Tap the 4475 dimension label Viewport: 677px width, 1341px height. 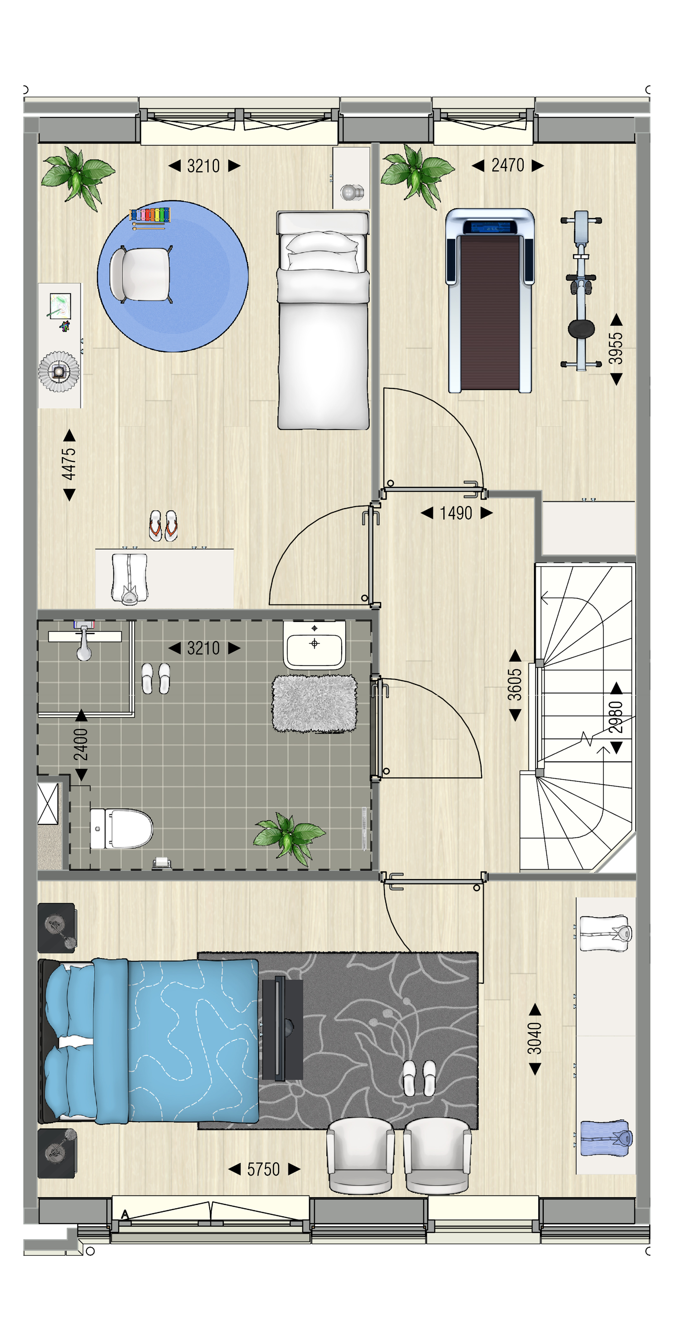tap(69, 464)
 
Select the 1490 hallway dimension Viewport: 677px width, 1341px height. tap(456, 513)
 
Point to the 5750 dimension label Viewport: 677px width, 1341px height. tap(264, 1170)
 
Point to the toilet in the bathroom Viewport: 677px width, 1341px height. tap(121, 828)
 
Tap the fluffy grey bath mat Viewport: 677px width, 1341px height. tap(315, 704)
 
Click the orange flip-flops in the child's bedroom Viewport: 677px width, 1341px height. tap(164, 525)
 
